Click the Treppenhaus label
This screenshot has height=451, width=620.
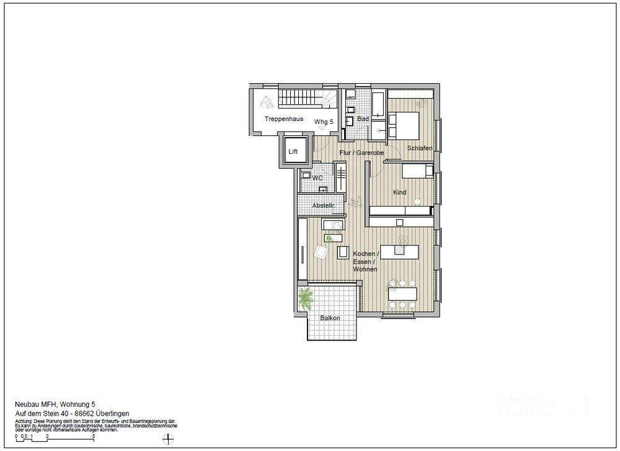(x=283, y=118)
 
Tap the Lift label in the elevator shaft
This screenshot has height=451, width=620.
(x=293, y=151)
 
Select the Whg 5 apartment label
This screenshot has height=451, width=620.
(x=324, y=122)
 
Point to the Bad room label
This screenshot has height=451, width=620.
(x=363, y=118)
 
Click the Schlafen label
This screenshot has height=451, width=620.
(x=420, y=148)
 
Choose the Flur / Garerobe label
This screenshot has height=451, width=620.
(x=361, y=153)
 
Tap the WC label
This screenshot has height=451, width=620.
(x=317, y=178)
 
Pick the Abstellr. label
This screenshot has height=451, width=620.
(x=324, y=205)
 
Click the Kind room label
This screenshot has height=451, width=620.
(x=400, y=192)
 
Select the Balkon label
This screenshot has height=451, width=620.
(x=330, y=318)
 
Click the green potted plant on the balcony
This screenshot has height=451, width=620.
(x=306, y=300)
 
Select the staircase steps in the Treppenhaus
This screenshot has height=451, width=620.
(x=298, y=98)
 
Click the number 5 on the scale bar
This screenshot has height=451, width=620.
(x=94, y=436)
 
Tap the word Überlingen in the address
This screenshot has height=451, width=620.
(x=111, y=413)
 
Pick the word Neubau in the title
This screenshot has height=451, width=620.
(x=26, y=404)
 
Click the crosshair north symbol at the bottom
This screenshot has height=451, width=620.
(x=166, y=439)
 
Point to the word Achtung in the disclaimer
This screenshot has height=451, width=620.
(x=24, y=421)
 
